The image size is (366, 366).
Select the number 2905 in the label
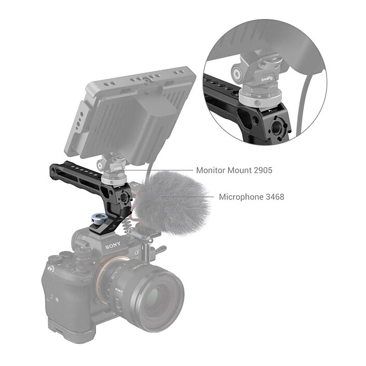[262, 170]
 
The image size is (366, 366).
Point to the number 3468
[274, 197]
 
